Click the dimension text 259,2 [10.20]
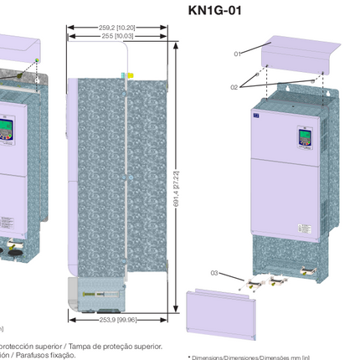(x=117, y=28)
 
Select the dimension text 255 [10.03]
(x=117, y=36)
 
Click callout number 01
(x=237, y=54)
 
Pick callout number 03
(x=214, y=273)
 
